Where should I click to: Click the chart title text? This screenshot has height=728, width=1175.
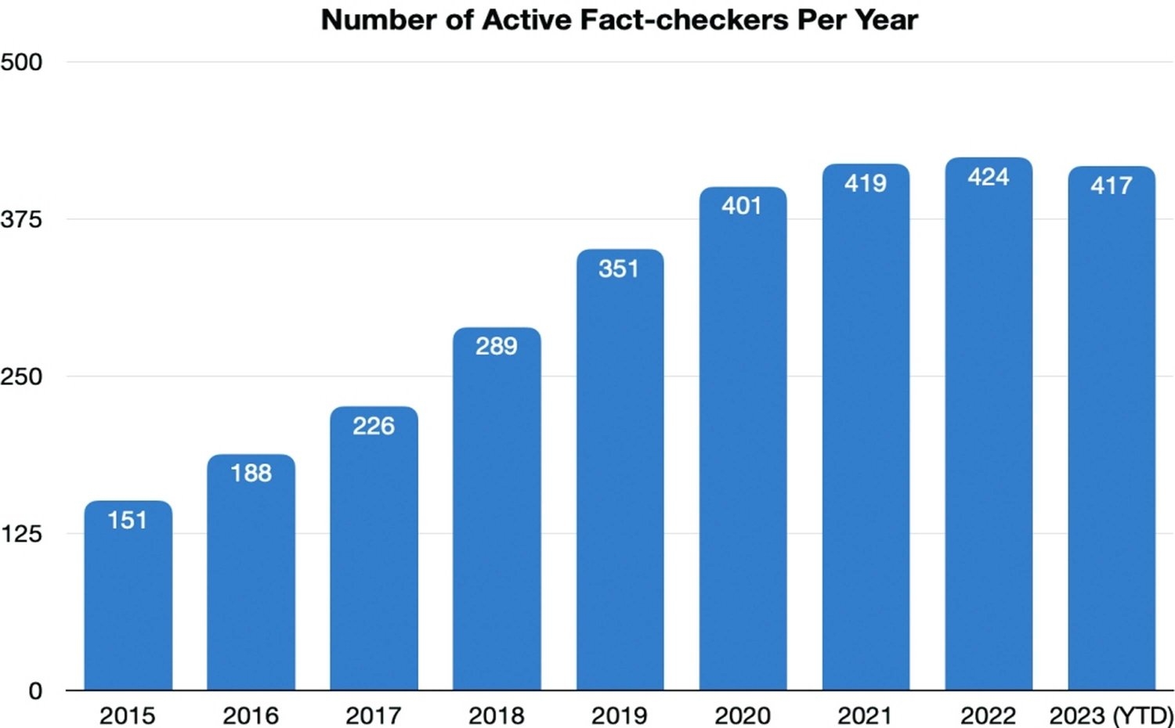click(619, 20)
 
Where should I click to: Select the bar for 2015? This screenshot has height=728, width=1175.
click(128, 603)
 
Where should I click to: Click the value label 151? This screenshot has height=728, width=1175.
click(128, 520)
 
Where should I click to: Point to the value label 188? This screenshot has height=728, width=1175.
click(251, 473)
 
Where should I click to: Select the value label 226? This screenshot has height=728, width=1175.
click(374, 426)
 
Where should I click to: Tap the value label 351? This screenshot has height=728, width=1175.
click(619, 268)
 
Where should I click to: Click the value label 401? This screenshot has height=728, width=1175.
click(742, 206)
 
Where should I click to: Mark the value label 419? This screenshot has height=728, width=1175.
click(866, 183)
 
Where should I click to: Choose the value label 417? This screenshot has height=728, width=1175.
click(1112, 186)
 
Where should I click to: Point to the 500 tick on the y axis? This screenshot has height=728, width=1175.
click(21, 62)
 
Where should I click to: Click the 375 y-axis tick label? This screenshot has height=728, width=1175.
click(21, 219)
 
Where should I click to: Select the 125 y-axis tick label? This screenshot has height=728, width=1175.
click(21, 534)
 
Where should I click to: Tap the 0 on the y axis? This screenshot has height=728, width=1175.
click(35, 691)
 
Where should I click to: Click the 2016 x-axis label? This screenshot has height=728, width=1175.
click(251, 715)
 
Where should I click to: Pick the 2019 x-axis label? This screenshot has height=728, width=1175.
click(619, 715)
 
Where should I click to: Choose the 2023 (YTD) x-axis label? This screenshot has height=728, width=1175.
click(1111, 715)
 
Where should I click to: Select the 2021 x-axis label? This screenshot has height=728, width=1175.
click(865, 715)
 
